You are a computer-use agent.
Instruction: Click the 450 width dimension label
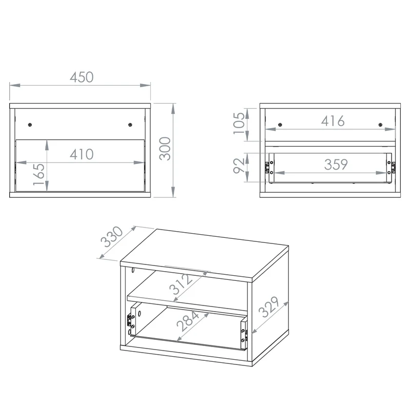[81, 77]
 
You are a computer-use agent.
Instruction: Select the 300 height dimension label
[165, 149]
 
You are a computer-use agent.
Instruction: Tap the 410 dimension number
[81, 154]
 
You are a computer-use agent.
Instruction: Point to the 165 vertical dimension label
[39, 174]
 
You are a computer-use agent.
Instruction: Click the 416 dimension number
[333, 121]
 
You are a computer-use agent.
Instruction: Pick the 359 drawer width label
[336, 165]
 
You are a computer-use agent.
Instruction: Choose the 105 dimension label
[239, 123]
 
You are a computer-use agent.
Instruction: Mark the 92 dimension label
[239, 166]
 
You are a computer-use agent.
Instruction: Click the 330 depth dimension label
[112, 237]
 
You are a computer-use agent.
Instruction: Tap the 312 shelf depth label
[180, 284]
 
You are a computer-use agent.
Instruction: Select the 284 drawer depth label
[188, 321]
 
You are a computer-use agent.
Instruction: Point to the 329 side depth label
[269, 307]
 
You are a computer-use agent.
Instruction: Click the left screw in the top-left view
[30, 125]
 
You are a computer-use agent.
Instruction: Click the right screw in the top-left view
[130, 125]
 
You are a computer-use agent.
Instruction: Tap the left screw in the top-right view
[280, 125]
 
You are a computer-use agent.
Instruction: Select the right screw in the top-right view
[380, 125]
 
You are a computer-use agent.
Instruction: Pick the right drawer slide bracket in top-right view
[391, 168]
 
